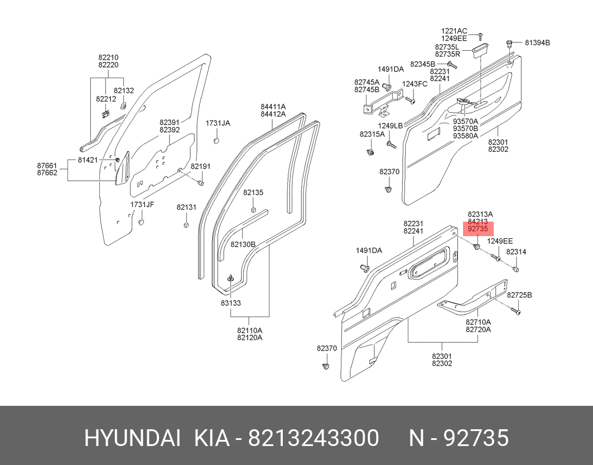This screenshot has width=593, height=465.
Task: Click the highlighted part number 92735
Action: [x=478, y=229]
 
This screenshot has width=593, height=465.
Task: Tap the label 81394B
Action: [x=537, y=42]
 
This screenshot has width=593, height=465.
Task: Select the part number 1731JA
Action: [x=218, y=123]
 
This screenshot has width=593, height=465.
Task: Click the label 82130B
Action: [x=243, y=245]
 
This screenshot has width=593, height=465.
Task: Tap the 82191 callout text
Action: [x=200, y=166]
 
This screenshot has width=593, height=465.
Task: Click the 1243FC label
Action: [x=415, y=84]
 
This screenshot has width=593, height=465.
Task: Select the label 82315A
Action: [x=372, y=135]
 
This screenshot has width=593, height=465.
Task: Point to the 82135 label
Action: [x=253, y=193]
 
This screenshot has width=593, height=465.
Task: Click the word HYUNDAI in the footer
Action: [x=132, y=438]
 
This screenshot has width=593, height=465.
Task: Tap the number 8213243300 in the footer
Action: [x=314, y=438]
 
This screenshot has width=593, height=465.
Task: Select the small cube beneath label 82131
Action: [x=185, y=225]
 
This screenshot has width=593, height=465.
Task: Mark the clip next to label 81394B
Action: [x=510, y=43]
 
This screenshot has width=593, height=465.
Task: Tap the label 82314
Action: [x=516, y=252]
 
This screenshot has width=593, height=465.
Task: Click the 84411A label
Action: [x=273, y=106]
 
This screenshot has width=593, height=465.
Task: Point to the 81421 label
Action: [x=88, y=160]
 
